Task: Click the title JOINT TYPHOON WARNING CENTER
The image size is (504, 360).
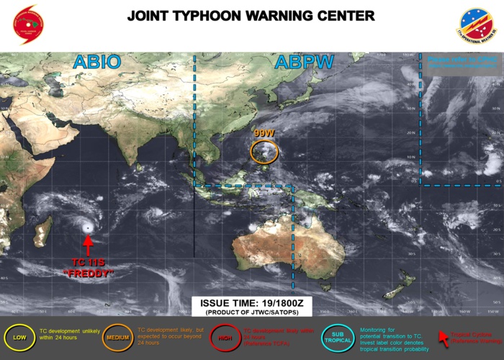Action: (x=251, y=15)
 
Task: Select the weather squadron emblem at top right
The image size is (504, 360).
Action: (x=477, y=26)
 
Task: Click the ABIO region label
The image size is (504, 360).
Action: (x=96, y=63)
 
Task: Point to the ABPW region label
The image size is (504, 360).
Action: (x=304, y=63)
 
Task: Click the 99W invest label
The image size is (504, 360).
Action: (x=264, y=133)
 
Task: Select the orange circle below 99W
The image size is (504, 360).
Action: (x=264, y=151)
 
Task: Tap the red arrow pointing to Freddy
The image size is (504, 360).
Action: (x=88, y=246)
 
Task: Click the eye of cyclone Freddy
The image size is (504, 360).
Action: (x=88, y=228)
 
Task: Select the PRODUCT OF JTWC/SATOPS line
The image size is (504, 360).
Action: (x=251, y=313)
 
